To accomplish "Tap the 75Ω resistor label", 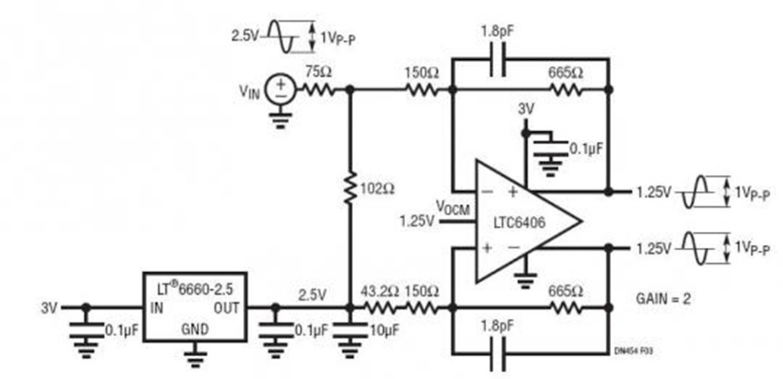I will (x=314, y=72).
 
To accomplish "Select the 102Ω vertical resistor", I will (x=349, y=185).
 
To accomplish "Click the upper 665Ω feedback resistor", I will (x=565, y=89).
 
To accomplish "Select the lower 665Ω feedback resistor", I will (x=565, y=309).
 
